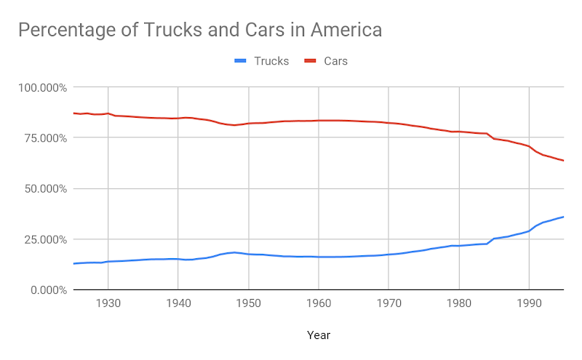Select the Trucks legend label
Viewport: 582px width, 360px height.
coord(271,61)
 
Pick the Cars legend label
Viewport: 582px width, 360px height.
coord(335,61)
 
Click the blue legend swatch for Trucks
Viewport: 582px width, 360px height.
coord(241,61)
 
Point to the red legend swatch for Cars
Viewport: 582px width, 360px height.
coord(311,61)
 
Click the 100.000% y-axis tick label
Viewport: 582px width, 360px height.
coord(43,88)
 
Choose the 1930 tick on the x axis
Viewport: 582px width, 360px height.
coord(108,303)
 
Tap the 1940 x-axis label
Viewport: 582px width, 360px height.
coord(178,303)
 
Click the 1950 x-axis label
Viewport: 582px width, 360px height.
coord(249,303)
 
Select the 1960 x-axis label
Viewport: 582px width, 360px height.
coord(319,303)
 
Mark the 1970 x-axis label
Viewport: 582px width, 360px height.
coord(388,303)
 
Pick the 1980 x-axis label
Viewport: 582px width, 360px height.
coord(459,303)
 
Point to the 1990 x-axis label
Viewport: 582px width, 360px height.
coord(529,303)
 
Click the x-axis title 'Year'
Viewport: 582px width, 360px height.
coord(318,336)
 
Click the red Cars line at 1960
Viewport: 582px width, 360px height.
coord(319,121)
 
